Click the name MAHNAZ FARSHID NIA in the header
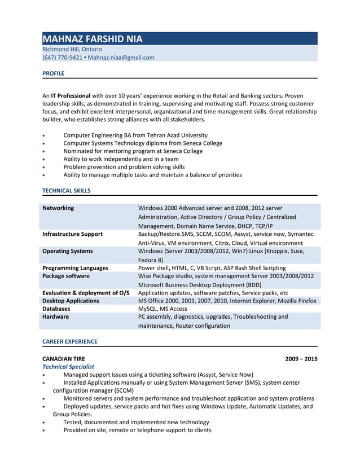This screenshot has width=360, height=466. tap(93, 39)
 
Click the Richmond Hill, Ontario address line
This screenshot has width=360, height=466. tap(72, 49)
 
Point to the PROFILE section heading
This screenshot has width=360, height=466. tap(54, 73)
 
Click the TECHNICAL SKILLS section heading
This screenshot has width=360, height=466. tap(66, 191)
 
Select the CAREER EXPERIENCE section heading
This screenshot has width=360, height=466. tap(69, 341)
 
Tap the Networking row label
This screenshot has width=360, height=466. tap(58, 208)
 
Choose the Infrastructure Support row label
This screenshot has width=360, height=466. tap(72, 234)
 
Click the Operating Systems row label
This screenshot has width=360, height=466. tap(67, 250)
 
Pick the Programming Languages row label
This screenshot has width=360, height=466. tap(75, 268)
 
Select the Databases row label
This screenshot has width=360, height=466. tap(56, 309)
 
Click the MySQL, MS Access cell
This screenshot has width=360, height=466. tap(163, 309)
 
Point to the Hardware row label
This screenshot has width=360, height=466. tap(56, 317)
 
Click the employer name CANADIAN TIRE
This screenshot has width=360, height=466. tap(64, 358)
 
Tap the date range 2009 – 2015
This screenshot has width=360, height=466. tap(301, 358)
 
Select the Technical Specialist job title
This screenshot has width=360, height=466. tap(68, 367)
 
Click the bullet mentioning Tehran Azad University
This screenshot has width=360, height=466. tap(135, 135)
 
